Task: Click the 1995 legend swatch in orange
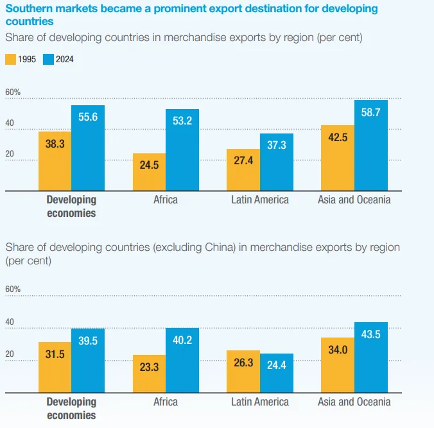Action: coord(10,60)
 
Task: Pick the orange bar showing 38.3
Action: coord(55,161)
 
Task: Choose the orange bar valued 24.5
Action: coord(149,172)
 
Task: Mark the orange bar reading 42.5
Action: coord(338,158)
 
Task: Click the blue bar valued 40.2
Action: coord(182,360)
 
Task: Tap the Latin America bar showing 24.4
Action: coord(277,373)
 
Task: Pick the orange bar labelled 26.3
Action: coord(243,372)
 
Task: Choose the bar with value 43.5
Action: coord(371,357)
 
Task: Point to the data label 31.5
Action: coord(55,354)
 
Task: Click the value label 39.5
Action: coord(88,341)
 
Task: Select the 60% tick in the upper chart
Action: coord(13,92)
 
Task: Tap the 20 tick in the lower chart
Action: coord(10,354)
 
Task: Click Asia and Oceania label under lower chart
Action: coord(354,402)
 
